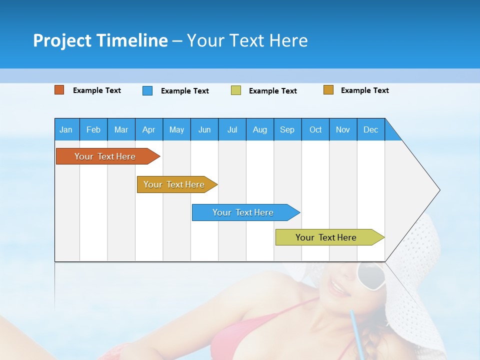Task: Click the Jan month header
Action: click(66, 129)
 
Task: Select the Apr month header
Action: click(149, 129)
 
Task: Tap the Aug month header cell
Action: click(260, 129)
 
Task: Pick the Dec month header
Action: click(371, 129)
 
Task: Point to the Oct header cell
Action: click(315, 129)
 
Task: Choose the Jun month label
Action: click(204, 129)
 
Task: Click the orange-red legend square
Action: click(59, 90)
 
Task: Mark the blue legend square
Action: click(147, 90)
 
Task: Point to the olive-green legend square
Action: click(236, 90)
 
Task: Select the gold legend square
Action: click(328, 90)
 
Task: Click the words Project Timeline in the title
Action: click(100, 40)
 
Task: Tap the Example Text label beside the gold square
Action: click(364, 90)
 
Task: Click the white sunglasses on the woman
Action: click(370, 275)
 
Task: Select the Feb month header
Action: click(93, 129)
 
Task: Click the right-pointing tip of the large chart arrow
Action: click(439, 190)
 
